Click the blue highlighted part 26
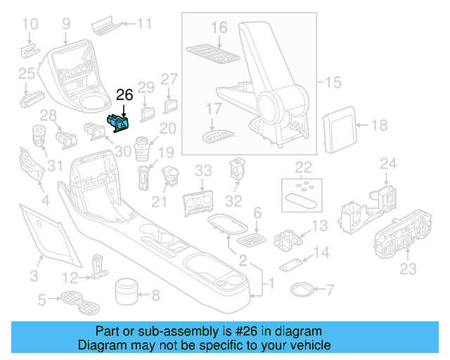tap(118, 124)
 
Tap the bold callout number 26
tap(124, 95)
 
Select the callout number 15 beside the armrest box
tap(333, 82)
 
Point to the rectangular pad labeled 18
tap(340, 129)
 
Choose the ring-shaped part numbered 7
tap(302, 290)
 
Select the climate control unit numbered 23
tap(402, 234)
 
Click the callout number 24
tap(388, 164)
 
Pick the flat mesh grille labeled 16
tap(212, 54)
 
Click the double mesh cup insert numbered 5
tap(80, 302)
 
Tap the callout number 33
tap(203, 171)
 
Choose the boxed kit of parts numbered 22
tap(302, 195)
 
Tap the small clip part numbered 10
tap(30, 51)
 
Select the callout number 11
tap(144, 23)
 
